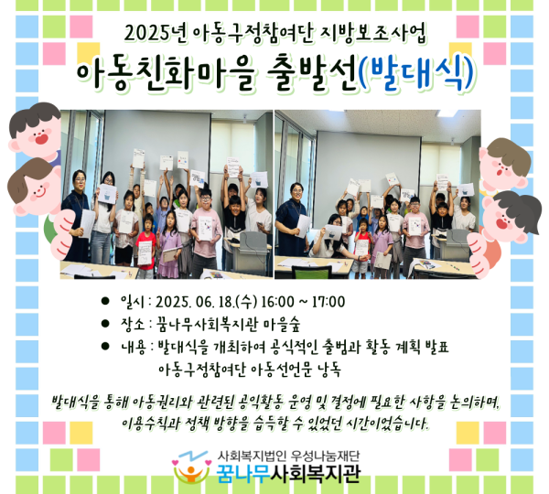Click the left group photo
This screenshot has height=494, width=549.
(x=166, y=194)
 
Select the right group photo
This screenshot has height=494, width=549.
(x=377, y=194)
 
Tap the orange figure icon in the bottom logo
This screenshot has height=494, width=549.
(x=187, y=472)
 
